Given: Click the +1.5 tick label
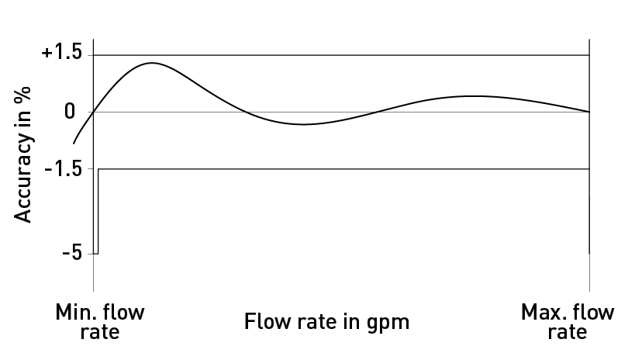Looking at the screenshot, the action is [61, 53].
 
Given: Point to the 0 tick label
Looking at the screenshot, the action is [70, 112].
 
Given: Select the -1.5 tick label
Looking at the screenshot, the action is [63, 168].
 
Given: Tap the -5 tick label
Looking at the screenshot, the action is [72, 253].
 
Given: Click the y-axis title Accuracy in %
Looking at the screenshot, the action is [22, 154].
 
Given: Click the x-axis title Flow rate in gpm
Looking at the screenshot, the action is [326, 322].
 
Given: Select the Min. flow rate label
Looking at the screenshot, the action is [99, 322].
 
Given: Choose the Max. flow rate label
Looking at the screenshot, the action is [568, 322].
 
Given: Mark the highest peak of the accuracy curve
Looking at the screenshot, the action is [152, 63].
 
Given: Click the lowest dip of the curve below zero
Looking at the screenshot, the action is [303, 124].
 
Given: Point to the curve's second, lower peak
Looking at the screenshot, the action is [473, 96].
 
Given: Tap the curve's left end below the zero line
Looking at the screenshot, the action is [74, 143].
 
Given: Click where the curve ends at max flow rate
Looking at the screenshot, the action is [589, 112].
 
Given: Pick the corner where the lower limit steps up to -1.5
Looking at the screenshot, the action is [98, 168].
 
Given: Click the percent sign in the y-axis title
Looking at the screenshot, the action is [22, 95].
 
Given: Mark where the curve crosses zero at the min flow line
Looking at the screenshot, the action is [94, 112].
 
